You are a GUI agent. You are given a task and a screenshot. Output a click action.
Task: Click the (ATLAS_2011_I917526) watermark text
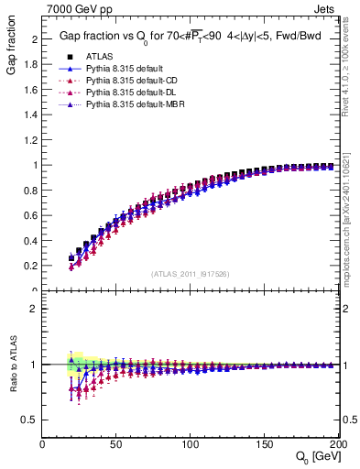point(189,273)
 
